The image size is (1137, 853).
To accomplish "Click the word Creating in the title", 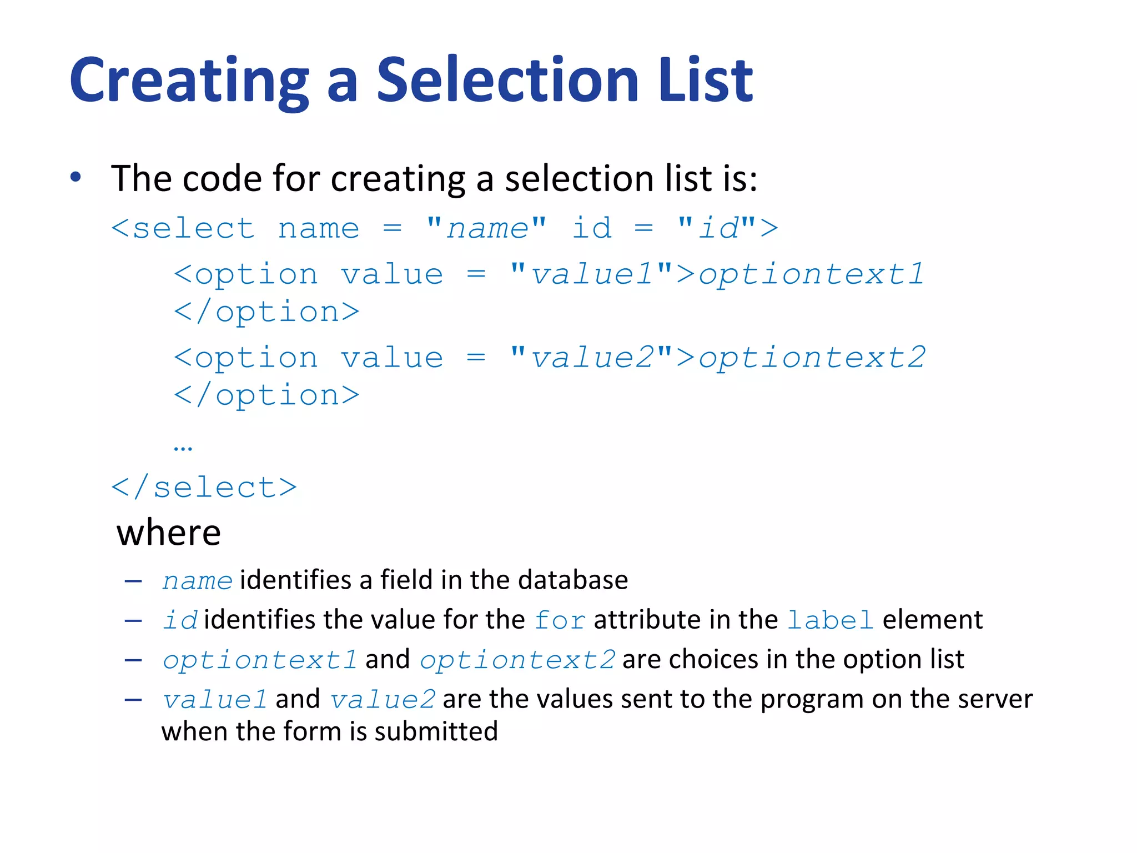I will click(189, 81).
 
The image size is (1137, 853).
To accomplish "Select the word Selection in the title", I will click(508, 81).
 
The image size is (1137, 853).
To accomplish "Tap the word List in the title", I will click(706, 81).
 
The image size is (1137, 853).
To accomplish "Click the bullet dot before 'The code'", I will click(76, 178).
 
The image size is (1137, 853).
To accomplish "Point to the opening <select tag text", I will click(183, 228).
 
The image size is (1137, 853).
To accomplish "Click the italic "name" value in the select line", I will click(487, 228).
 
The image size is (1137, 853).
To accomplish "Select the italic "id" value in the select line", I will click(718, 228).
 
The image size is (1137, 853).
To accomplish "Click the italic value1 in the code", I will click(592, 274).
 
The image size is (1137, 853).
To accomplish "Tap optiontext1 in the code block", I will click(811, 274).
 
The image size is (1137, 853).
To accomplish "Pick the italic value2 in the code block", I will click(592, 358).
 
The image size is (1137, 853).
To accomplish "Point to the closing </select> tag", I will click(204, 488).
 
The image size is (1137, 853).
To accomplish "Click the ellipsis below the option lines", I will click(183, 448).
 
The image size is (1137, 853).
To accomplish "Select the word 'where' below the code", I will click(169, 533).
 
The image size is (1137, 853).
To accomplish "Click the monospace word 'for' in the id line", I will click(560, 620).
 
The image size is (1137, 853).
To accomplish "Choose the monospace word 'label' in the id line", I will click(831, 620).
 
